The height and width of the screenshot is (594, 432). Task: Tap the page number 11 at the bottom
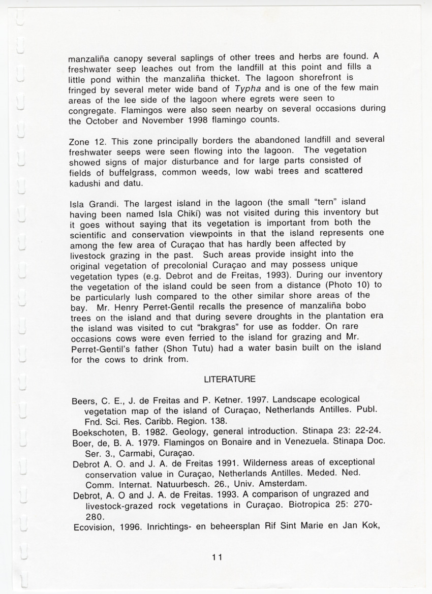(x=218, y=557)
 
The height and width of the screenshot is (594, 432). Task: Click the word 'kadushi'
(x=84, y=182)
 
